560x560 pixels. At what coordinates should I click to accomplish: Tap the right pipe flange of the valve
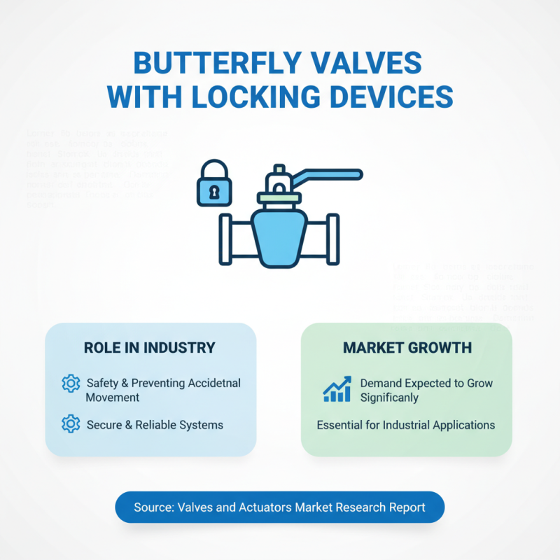tap(333, 239)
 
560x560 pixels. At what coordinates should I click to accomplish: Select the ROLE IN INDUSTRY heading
tap(149, 348)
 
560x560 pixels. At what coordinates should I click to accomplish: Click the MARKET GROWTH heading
tap(407, 348)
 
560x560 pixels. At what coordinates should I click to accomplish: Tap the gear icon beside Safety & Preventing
tap(71, 383)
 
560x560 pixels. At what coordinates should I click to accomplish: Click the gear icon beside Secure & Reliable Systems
tap(71, 424)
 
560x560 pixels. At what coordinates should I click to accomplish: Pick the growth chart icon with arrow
tap(337, 389)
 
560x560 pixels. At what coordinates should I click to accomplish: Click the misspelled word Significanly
tap(390, 397)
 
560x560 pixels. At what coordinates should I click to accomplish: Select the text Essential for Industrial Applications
tap(406, 424)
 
